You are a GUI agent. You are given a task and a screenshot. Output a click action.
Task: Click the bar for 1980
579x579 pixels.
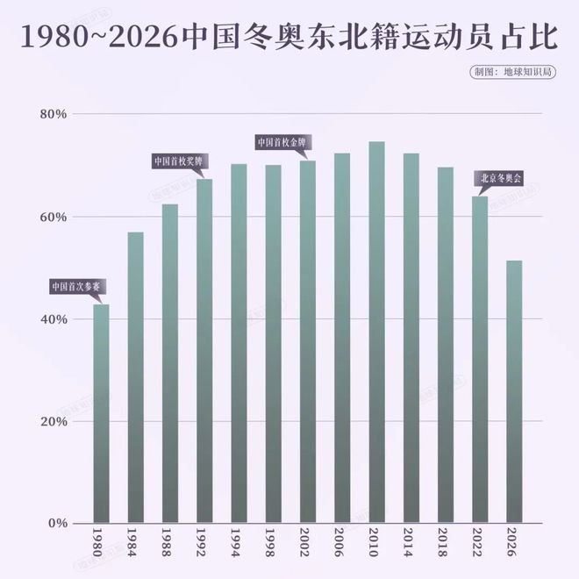pyautogui.click(x=101, y=412)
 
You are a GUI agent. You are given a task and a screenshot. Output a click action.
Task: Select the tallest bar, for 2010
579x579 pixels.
pyautogui.click(x=376, y=333)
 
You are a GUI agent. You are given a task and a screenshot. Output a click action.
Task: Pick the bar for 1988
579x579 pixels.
pyautogui.click(x=170, y=363)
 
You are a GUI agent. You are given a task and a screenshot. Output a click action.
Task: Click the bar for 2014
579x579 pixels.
pyautogui.click(x=411, y=339)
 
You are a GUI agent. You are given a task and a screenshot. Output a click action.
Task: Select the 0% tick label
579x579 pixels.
pyautogui.click(x=57, y=524)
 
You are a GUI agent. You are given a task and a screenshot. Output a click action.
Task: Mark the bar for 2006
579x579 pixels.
pyautogui.click(x=342, y=339)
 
